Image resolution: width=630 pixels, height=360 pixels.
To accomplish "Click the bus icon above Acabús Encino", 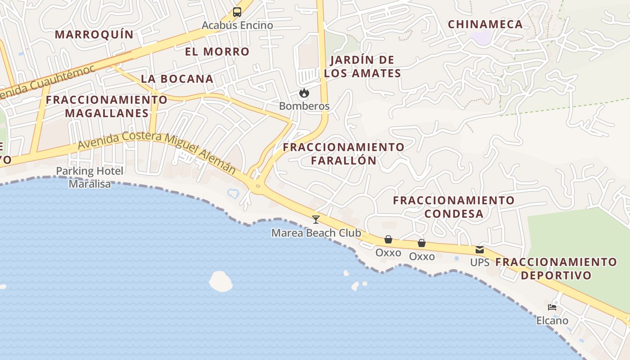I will [x=237, y=12].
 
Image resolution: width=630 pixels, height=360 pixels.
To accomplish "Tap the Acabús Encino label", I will [x=237, y=25].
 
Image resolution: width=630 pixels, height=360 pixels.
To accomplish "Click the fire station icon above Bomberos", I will [x=304, y=93].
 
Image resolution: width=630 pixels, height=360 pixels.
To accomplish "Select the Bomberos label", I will [x=304, y=106].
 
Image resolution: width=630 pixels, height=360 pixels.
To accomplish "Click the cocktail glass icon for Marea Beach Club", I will [x=316, y=220].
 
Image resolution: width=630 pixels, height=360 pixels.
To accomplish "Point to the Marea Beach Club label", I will [x=316, y=233].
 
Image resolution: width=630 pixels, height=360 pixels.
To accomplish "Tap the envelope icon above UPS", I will [x=480, y=250].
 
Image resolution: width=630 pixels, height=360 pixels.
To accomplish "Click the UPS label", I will [x=480, y=262].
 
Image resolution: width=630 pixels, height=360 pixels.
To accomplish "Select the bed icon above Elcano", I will [x=552, y=308].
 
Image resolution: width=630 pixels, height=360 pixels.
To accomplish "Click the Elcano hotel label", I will [x=552, y=320].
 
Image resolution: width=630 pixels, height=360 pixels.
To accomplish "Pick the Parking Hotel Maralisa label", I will [x=90, y=177].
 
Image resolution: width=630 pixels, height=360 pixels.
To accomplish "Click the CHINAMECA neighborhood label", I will [x=485, y=24].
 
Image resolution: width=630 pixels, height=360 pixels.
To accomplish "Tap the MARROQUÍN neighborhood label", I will [x=94, y=34].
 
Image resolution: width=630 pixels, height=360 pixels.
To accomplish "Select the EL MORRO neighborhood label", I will [x=217, y=51].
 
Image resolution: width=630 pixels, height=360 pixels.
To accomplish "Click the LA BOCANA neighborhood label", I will [x=177, y=79].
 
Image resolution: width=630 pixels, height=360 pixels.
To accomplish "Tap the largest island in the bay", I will [x=220, y=281].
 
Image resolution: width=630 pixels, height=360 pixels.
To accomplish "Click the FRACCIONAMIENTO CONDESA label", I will [x=454, y=207].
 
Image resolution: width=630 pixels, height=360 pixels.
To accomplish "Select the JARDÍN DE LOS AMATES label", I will [x=362, y=67].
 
